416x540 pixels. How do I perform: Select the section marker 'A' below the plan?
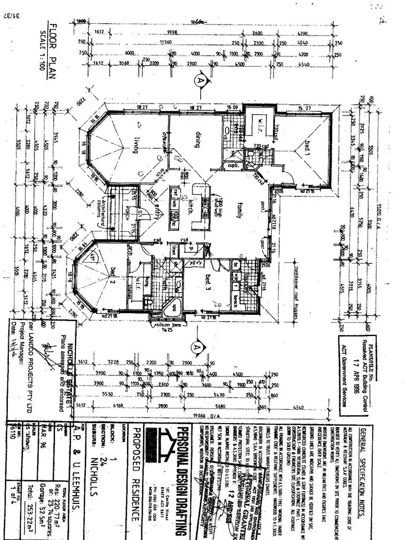coord(195,348)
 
